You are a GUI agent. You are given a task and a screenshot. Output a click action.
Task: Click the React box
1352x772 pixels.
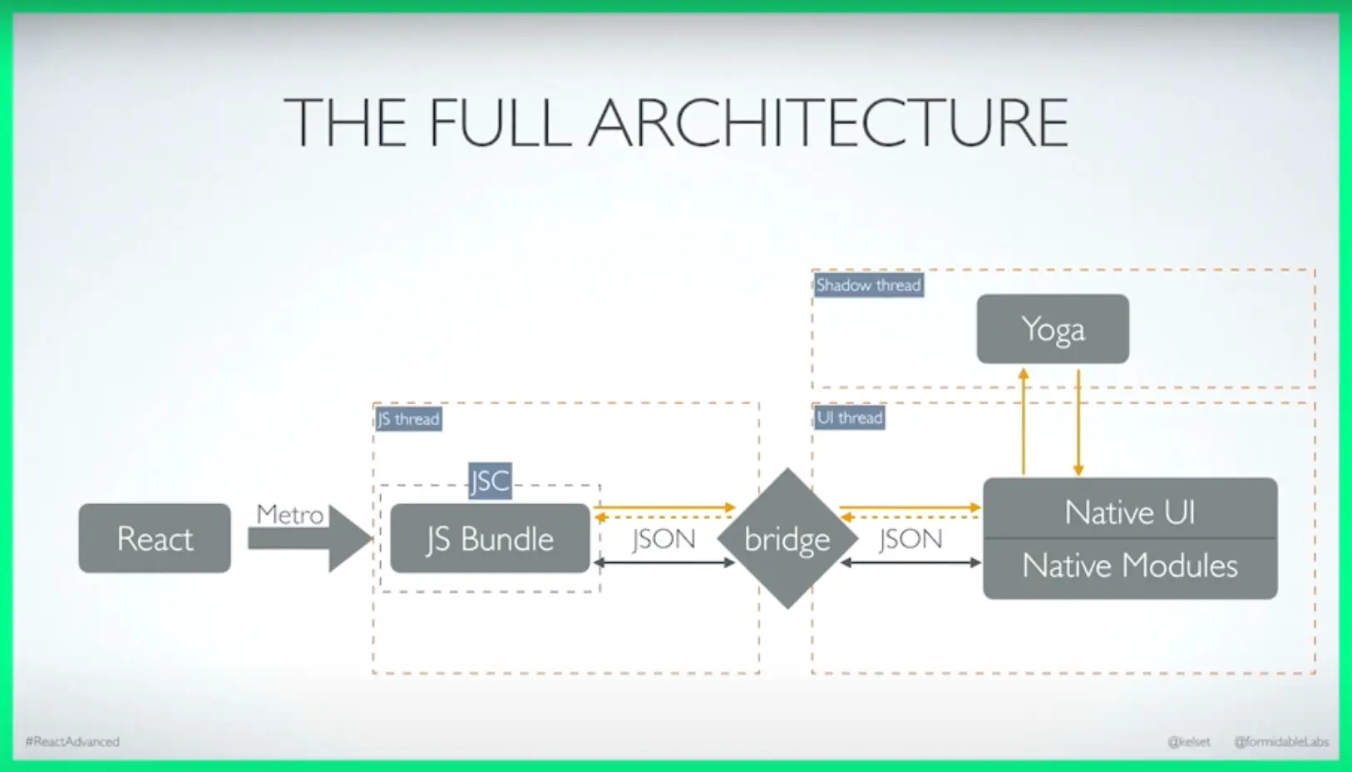coord(155,538)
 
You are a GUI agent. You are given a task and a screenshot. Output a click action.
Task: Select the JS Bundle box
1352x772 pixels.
coord(490,539)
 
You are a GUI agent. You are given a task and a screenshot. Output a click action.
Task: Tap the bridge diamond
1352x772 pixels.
coord(787,539)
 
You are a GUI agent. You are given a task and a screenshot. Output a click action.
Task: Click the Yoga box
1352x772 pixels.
coord(1053,329)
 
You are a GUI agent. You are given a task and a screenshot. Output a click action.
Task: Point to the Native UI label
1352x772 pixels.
coord(1129,512)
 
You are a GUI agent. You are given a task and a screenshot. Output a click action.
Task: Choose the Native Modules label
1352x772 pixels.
coord(1129,567)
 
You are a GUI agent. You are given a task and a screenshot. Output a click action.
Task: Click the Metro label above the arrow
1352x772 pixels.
coord(289,514)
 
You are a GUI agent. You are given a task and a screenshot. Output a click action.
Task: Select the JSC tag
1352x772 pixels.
coord(490,481)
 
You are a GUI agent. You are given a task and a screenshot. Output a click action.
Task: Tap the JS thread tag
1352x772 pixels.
coord(408,418)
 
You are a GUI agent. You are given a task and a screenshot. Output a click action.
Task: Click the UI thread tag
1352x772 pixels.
coord(849,418)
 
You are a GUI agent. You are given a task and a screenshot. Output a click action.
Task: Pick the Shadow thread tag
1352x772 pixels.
coord(868,285)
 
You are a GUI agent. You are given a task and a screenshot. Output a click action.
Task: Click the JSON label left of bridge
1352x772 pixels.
coord(664,539)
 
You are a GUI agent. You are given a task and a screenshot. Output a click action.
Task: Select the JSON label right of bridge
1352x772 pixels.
coord(910,539)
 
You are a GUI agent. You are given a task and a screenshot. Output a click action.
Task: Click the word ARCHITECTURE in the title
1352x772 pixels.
coord(828,123)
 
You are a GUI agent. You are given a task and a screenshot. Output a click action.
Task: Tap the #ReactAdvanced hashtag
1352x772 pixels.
coord(72,741)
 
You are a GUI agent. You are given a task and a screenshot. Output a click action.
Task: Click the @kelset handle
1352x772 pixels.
coord(1189,741)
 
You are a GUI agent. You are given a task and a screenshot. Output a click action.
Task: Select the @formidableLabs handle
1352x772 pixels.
coord(1281,741)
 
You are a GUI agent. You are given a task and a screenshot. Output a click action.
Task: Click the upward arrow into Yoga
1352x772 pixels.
coord(1024,420)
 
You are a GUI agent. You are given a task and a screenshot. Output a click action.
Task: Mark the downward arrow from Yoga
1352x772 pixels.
coord(1078,420)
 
